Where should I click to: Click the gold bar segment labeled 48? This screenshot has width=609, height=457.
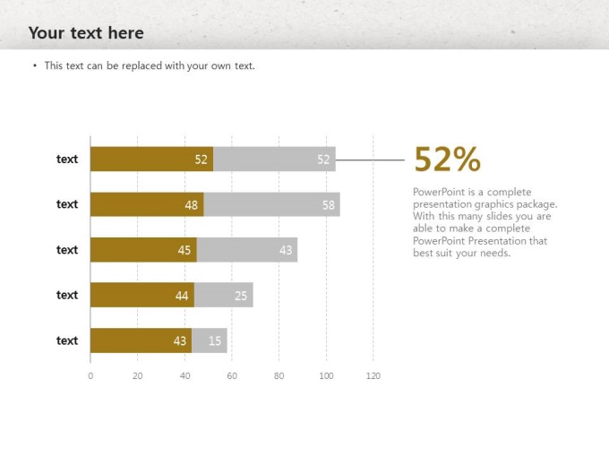click(x=147, y=204)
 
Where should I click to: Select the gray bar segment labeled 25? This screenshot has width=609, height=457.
click(x=223, y=295)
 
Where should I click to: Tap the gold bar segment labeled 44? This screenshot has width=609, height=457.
click(x=142, y=295)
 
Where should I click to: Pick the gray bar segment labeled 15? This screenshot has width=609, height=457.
click(x=210, y=341)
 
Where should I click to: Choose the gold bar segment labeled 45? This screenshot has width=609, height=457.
click(x=143, y=250)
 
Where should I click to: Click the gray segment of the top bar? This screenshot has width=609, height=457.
click(x=274, y=160)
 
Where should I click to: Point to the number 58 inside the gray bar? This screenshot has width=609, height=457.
click(x=329, y=204)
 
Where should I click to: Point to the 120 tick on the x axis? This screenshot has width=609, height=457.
click(x=373, y=375)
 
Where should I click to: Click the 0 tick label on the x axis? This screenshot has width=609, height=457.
click(x=90, y=375)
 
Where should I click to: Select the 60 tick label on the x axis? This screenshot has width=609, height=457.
click(x=232, y=375)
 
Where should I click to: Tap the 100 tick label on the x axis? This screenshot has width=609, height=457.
click(x=326, y=375)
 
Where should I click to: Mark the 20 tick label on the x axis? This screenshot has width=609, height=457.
click(x=137, y=375)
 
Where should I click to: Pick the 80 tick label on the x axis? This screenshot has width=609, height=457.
click(x=279, y=375)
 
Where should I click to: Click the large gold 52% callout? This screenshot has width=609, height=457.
click(x=447, y=160)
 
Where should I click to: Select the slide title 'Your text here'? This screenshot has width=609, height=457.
click(x=86, y=33)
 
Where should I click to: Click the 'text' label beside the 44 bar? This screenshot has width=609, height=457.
click(x=67, y=295)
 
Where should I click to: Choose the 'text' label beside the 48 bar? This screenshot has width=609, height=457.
click(x=67, y=204)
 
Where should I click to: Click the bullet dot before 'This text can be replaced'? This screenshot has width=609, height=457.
click(x=35, y=65)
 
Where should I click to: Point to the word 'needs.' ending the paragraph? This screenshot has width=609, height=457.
click(x=494, y=253)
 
